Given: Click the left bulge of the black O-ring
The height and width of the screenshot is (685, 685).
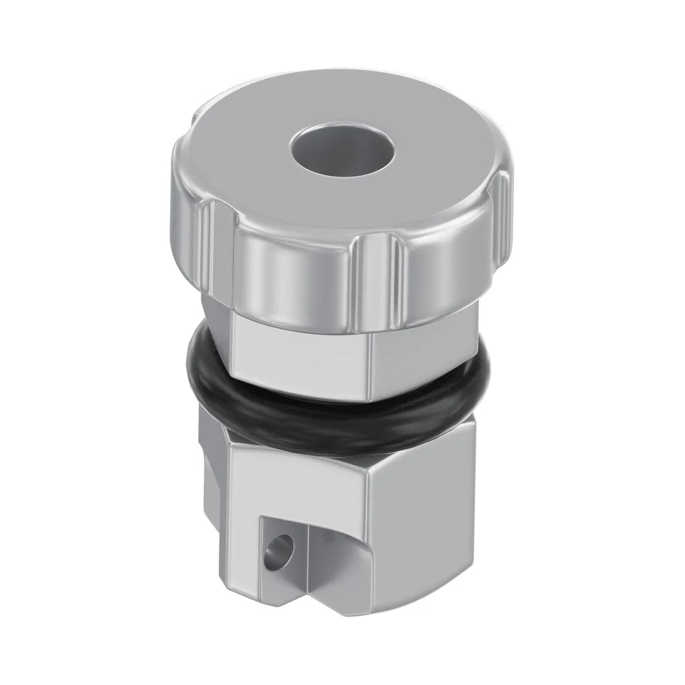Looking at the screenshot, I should (197, 360).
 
